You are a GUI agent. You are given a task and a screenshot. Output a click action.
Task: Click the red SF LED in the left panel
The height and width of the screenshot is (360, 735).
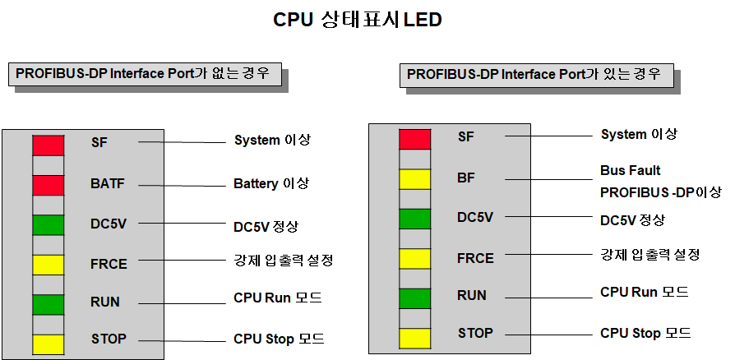click(x=48, y=145)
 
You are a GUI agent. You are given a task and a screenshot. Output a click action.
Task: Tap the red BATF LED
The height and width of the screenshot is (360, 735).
click(x=48, y=185)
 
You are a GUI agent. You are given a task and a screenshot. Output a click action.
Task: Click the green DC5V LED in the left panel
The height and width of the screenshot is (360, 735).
click(x=48, y=224)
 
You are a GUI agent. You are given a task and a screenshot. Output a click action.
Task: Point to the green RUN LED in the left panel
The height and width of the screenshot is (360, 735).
click(x=48, y=304)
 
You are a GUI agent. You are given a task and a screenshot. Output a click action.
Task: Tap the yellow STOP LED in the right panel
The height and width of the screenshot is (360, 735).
click(x=414, y=337)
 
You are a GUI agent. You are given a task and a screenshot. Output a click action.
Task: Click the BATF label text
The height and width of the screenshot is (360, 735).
click(x=107, y=184)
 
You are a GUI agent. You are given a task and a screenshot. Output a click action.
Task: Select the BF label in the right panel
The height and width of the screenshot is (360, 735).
click(x=466, y=177)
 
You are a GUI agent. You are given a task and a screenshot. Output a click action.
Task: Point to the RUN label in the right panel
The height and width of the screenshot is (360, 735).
click(x=471, y=295)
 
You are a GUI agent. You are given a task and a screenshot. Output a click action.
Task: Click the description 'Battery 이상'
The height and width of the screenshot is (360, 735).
click(x=272, y=183)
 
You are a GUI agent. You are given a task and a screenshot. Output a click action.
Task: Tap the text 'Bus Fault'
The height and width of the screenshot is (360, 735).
click(x=630, y=171)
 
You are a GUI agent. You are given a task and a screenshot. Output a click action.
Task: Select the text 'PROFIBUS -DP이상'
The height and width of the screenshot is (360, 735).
click(x=660, y=192)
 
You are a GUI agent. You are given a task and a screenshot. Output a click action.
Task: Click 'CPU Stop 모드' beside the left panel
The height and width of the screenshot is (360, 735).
click(x=279, y=339)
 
